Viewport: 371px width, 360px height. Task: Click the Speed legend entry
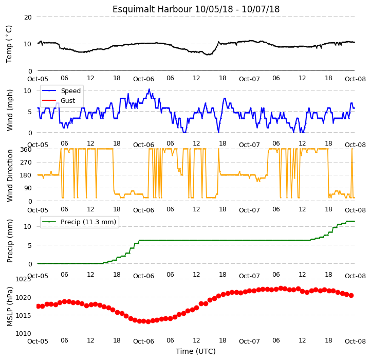click(62, 91)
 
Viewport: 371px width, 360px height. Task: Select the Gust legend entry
click(59, 101)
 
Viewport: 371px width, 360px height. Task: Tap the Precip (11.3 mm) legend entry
click(79, 222)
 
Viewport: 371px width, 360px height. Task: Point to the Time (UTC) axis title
click(196, 351)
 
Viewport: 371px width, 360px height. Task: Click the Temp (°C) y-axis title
click(9, 44)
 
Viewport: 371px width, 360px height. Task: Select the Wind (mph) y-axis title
click(10, 110)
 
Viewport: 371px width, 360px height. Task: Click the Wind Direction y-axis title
click(10, 175)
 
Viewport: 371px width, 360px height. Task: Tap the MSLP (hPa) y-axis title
click(10, 307)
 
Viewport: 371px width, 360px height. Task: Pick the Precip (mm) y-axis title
click(10, 241)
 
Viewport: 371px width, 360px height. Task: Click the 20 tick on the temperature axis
click(28, 17)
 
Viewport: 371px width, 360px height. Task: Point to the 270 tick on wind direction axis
click(26, 163)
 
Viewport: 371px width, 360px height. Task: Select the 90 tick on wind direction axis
click(28, 188)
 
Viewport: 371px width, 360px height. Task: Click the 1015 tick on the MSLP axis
click(24, 315)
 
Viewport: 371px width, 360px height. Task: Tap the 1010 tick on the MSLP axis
click(24, 334)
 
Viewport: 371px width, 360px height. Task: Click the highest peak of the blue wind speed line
click(149, 89)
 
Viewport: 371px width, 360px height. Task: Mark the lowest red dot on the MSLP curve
click(148, 321)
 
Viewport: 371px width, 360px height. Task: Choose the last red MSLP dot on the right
click(351, 295)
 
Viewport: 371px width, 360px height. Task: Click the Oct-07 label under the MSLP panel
click(249, 341)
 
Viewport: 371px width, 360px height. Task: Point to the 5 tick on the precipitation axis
click(30, 246)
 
